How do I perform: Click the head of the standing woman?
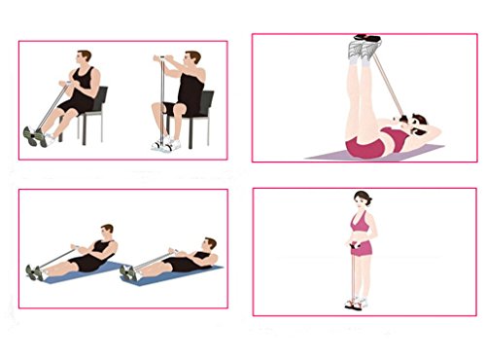coord(364,199)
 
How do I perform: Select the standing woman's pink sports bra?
coord(361,226)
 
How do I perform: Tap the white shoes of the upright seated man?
coord(166,144)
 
